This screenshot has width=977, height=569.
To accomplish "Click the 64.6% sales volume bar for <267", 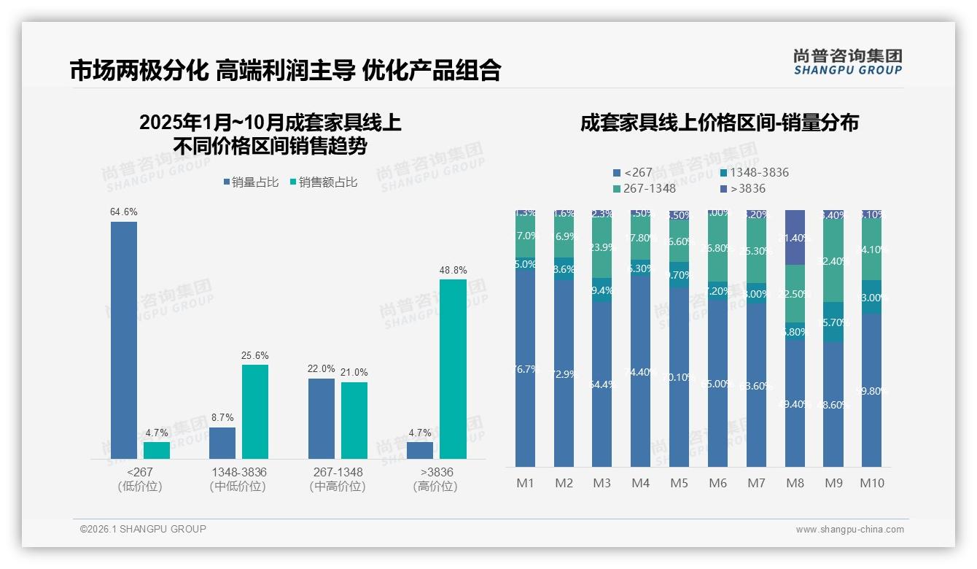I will pos(124,340).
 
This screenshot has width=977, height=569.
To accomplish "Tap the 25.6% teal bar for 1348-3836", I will pos(255,411).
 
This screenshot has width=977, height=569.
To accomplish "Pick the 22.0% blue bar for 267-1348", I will pos(321,418).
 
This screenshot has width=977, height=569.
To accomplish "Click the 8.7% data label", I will pos(222,417).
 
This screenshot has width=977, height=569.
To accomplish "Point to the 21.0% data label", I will pos(354,372).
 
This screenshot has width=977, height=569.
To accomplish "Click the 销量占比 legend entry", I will pos(251,182).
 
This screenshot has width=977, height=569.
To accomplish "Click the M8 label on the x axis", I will pos(795,483).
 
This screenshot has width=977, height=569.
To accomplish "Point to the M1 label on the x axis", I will pos(525,483).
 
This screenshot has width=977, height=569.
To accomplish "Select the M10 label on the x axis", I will pos(871,483).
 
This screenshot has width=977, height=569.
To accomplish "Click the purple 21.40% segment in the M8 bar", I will pos(795,238).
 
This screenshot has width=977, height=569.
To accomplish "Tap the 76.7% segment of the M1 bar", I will pos(525,369).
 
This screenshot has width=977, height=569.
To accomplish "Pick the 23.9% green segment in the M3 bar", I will pos(602,247).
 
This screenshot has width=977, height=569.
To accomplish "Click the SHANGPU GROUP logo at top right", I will pos(847,62).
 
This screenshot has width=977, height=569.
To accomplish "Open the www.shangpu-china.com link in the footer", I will pos(849,530).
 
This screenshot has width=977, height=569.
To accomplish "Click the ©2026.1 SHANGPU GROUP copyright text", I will pos(143,529).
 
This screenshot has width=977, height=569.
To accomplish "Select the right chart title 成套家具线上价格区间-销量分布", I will pos(719,123).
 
